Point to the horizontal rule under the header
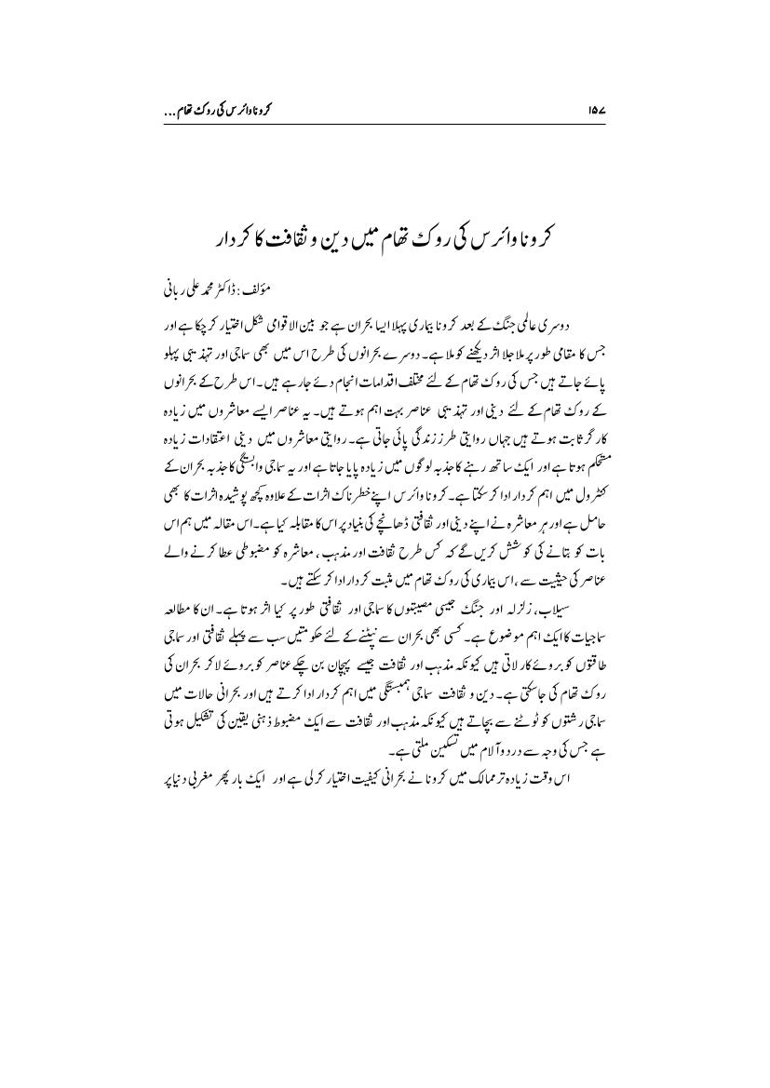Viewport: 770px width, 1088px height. tap(385, 124)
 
